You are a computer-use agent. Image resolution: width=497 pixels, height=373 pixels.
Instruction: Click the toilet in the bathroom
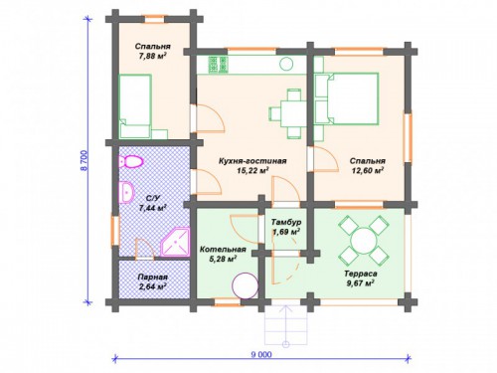point(131,161)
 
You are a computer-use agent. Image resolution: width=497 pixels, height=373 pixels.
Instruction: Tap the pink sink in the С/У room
point(126,192)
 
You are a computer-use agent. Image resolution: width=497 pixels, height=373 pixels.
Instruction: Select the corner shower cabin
point(175,242)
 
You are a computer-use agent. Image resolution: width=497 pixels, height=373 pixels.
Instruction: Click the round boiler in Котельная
point(246,285)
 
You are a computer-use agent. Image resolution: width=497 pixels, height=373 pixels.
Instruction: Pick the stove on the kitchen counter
point(219,65)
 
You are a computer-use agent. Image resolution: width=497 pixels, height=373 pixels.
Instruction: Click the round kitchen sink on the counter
point(286,64)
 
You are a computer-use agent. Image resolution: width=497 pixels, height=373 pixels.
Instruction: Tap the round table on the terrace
point(364,238)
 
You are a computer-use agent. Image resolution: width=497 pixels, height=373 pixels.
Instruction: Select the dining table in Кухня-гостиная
point(290,113)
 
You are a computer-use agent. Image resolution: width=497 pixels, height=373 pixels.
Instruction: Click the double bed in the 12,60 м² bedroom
point(346,98)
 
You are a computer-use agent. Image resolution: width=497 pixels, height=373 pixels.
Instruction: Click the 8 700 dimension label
point(83,160)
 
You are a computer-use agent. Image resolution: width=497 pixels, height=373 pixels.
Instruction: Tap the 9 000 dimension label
point(261,355)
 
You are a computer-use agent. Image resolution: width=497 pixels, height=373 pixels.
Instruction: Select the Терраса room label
point(361,275)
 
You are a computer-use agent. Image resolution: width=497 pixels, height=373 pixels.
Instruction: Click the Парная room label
point(153,277)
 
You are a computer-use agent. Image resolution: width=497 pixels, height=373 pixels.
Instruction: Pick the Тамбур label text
point(286,222)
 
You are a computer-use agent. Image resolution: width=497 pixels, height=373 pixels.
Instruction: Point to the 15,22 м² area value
point(252,170)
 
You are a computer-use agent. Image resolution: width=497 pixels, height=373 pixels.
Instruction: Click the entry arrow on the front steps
point(285,324)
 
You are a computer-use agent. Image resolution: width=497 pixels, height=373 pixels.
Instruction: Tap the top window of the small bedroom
point(154,19)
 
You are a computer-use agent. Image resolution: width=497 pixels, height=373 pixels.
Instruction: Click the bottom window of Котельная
point(227,302)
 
